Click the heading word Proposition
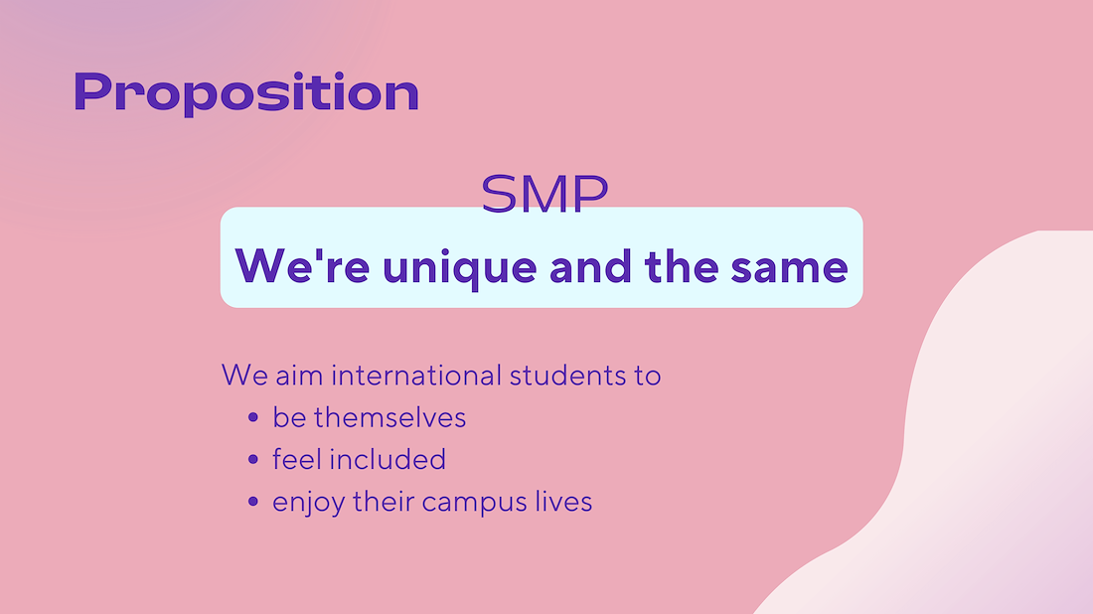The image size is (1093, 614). (246, 92)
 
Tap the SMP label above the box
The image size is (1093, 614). (545, 193)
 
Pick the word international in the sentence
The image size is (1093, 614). (416, 376)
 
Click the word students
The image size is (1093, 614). (567, 376)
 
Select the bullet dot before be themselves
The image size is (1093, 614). (253, 417)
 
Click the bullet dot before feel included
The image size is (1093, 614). (253, 459)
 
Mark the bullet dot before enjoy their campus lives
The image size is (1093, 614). (253, 501)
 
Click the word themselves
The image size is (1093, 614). (390, 418)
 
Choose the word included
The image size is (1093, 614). (388, 459)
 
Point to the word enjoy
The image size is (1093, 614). (308, 503)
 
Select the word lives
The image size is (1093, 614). (564, 501)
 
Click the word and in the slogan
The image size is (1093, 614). (591, 267)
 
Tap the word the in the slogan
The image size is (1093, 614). (681, 267)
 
